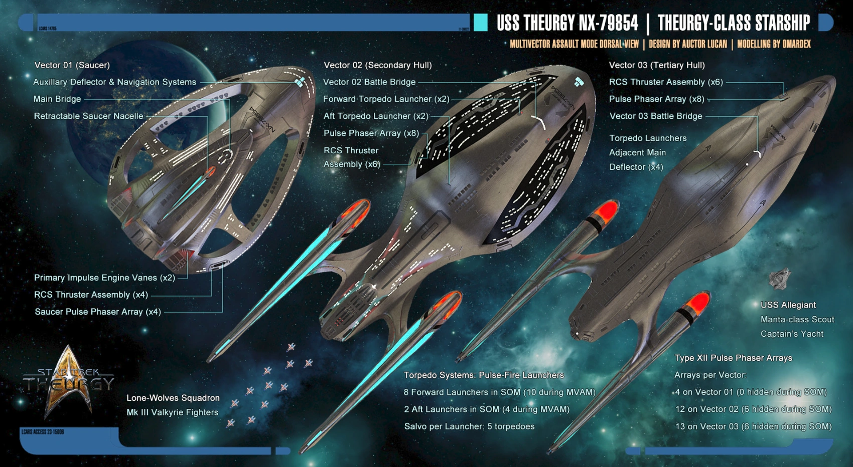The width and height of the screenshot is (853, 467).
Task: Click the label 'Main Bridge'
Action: [57, 99]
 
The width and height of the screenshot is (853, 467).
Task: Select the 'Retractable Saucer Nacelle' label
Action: [88, 116]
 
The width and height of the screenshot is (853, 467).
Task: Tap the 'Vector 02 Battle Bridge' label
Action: [369, 82]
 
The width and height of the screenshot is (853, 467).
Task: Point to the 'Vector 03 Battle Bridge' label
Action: [655, 116]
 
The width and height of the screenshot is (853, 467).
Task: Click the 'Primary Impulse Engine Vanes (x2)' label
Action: [104, 278]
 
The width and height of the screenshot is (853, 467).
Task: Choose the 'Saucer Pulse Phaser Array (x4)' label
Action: [98, 312]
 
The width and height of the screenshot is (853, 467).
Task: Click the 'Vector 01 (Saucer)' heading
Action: [72, 65]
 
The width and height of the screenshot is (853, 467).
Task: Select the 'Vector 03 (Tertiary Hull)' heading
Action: [656, 65]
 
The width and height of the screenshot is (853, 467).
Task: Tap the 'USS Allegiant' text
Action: [788, 305]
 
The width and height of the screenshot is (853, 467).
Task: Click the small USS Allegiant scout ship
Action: [779, 279]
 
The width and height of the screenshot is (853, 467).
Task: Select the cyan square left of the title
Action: [480, 23]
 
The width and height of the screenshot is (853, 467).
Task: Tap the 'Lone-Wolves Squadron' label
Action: [173, 398]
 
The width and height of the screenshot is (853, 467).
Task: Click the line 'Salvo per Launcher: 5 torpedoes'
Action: [469, 426]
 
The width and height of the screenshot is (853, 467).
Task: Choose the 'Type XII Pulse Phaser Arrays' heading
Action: [733, 358]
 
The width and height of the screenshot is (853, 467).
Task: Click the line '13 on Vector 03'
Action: [753, 426]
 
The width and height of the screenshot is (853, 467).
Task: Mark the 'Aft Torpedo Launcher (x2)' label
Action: [376, 116]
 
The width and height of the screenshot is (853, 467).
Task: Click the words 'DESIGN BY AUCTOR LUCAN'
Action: [687, 44]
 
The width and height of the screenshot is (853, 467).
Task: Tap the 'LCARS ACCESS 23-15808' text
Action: [43, 431]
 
